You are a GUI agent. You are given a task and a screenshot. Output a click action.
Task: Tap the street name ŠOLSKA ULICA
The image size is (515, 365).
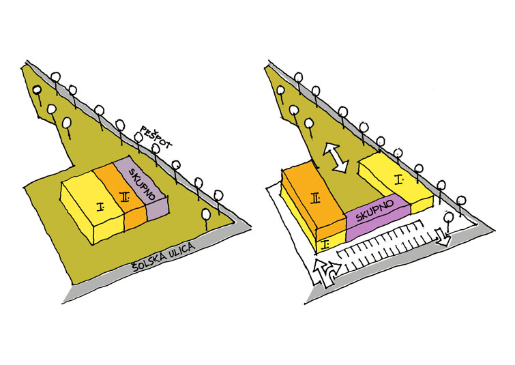point(164,257)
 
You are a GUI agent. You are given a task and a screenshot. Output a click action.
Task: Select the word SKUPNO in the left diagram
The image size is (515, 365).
point(141,184)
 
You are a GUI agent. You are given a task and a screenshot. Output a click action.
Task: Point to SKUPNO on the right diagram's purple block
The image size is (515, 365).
point(374,211)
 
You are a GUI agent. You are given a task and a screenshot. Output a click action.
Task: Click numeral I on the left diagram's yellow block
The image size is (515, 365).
point(100,207)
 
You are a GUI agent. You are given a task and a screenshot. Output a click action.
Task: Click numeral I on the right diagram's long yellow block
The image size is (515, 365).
point(399,179)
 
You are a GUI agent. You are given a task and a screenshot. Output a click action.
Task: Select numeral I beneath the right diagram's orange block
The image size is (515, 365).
point(326,244)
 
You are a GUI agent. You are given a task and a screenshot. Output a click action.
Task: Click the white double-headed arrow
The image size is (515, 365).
point(336,157)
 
